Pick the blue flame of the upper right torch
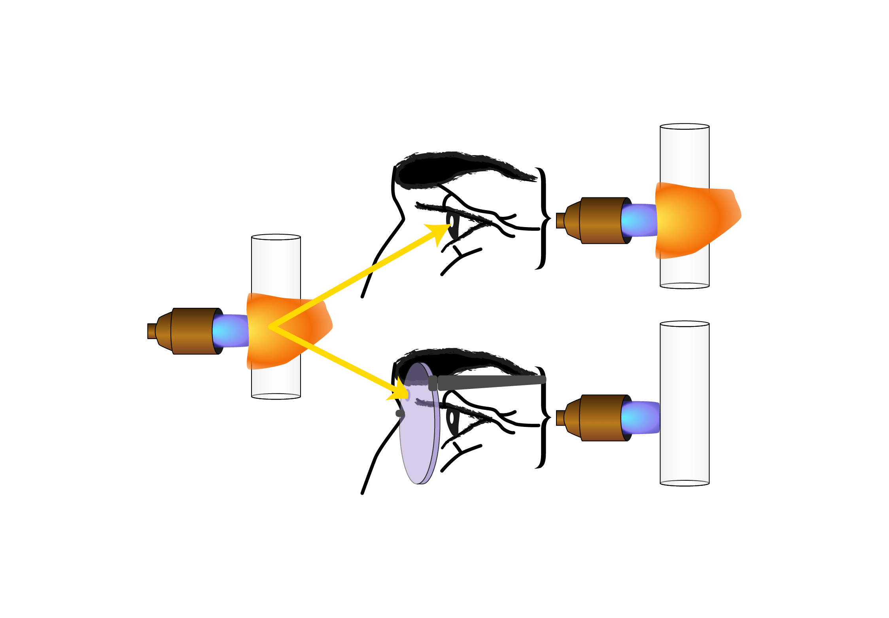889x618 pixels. pos(639,220)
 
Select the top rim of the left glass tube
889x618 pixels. pos(276,237)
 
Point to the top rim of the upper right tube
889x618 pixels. pos(685,127)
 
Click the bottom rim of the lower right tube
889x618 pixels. pos(685,482)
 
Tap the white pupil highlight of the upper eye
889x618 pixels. pos(452,222)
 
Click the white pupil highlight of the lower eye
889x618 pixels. pos(452,418)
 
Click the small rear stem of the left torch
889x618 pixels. pos(151,331)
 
